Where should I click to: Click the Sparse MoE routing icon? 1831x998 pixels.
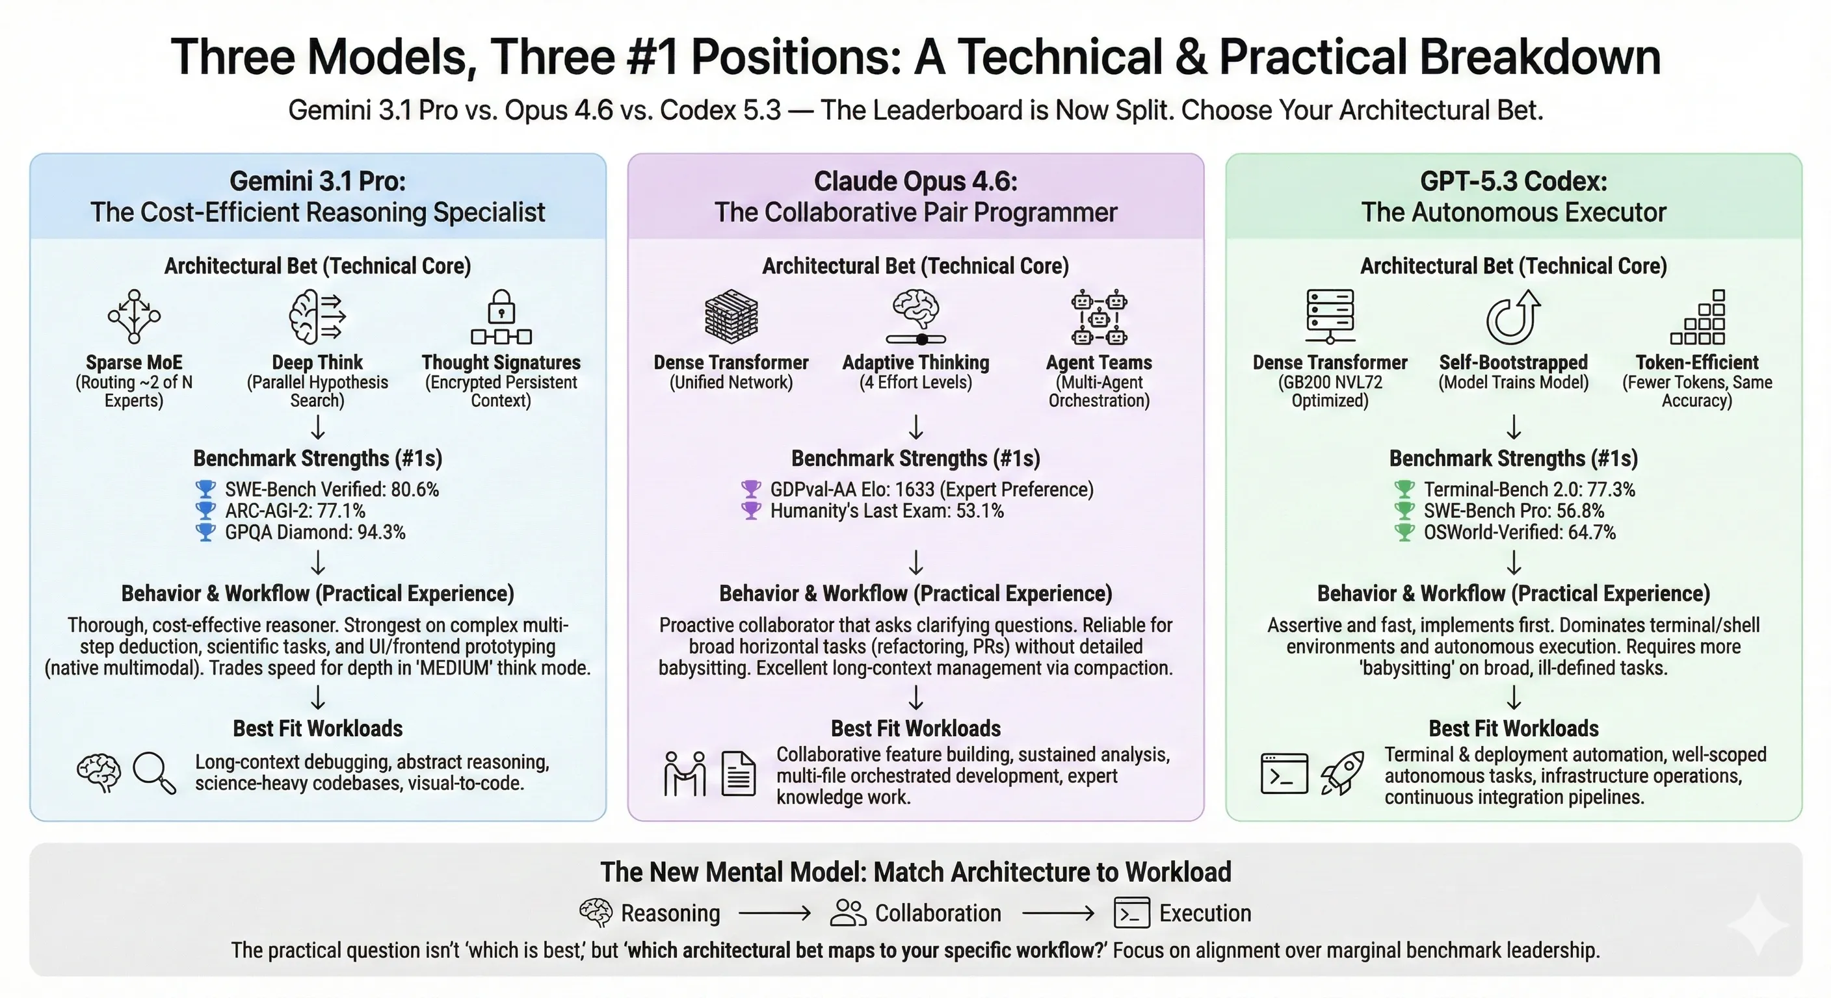[x=134, y=316]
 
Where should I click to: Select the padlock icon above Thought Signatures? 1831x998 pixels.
[x=501, y=307]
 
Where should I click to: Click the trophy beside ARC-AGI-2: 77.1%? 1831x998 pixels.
[x=205, y=511]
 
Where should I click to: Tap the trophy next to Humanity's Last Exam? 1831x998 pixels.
[x=751, y=511]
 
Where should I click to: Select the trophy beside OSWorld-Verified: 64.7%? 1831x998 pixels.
[x=1404, y=532]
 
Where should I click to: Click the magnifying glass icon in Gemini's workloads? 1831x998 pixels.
[x=154, y=772]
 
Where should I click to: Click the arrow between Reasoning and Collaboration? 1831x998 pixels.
[x=775, y=914]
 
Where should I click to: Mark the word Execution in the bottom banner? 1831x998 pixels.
[x=1205, y=914]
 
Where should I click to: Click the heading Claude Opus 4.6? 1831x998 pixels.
[x=916, y=181]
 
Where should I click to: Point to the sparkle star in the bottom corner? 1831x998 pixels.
[x=1758, y=924]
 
